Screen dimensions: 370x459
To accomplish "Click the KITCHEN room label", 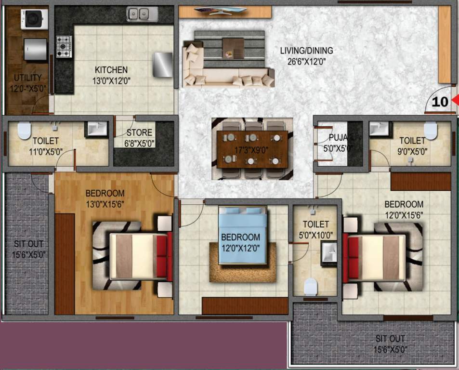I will click(x=111, y=70).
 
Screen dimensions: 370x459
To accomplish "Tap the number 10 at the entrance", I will click(x=440, y=102).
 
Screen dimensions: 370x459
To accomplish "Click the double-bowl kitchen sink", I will click(x=142, y=14).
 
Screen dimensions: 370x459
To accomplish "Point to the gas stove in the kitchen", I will click(x=64, y=46).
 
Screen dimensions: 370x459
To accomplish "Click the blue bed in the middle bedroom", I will click(x=243, y=236).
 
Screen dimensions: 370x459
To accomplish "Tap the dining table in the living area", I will click(x=252, y=149).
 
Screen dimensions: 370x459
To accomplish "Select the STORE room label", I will click(x=139, y=132).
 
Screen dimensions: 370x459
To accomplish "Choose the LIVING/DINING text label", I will click(x=306, y=51).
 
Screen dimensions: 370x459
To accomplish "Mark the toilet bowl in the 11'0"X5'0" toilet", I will click(x=24, y=131).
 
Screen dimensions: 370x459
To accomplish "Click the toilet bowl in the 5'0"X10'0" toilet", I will click(x=311, y=287).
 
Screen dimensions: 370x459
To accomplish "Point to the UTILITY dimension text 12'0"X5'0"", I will click(x=27, y=89).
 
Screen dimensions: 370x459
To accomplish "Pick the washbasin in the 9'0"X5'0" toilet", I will click(x=379, y=128).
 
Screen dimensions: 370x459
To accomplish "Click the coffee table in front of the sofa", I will click(x=234, y=47).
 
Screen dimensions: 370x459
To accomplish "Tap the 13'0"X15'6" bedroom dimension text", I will click(x=105, y=204).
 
